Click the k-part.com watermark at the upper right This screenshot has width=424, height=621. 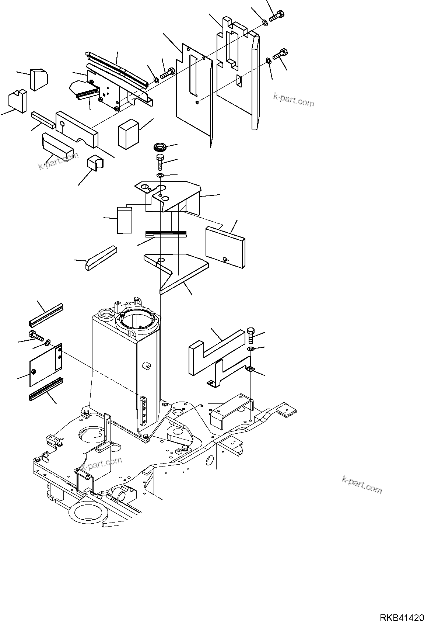(294, 100)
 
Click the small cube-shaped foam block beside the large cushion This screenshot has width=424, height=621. (128, 134)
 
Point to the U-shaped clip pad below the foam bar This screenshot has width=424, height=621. (96, 163)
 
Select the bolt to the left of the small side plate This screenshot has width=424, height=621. (35, 336)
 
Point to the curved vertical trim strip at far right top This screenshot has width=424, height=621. (255, 81)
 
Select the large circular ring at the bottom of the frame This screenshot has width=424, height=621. (88, 513)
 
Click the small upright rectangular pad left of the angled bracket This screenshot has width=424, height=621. (125, 220)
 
